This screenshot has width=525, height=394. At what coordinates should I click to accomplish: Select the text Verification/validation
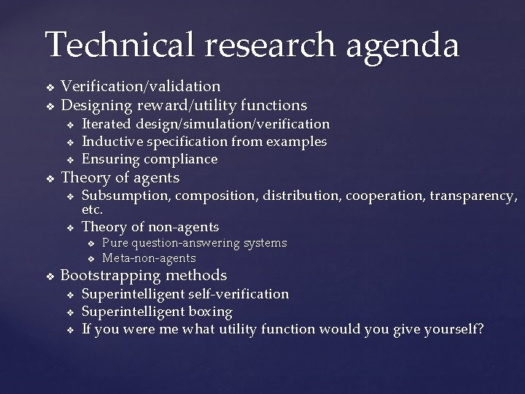point(140,87)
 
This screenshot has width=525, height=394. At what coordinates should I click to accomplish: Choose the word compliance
point(181,158)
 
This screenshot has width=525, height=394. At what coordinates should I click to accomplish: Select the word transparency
point(472,196)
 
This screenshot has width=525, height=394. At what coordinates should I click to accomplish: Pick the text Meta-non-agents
point(149,258)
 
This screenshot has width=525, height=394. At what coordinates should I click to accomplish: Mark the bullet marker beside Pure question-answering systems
point(91,243)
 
